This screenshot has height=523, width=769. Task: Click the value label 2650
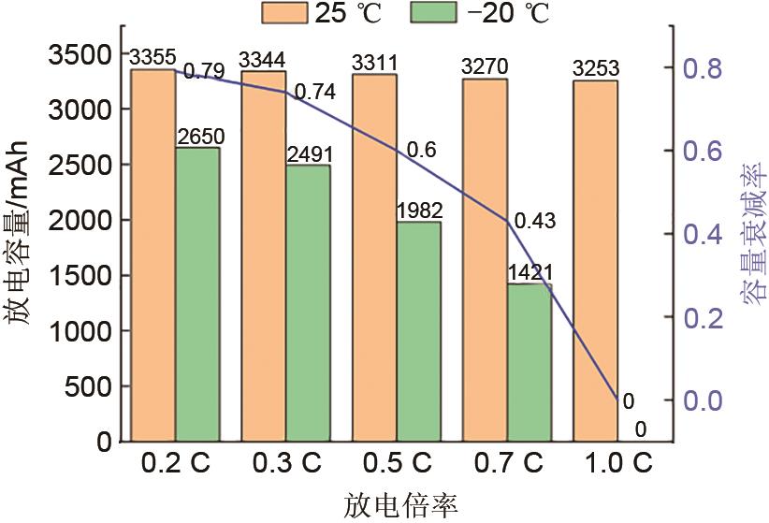point(197,138)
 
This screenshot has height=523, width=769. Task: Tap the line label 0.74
point(314,92)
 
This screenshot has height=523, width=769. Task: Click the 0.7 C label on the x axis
point(506,463)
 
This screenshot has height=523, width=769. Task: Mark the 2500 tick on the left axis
point(84,165)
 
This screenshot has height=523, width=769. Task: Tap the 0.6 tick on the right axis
point(703,152)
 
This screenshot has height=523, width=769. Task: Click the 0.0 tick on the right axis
point(703,400)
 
